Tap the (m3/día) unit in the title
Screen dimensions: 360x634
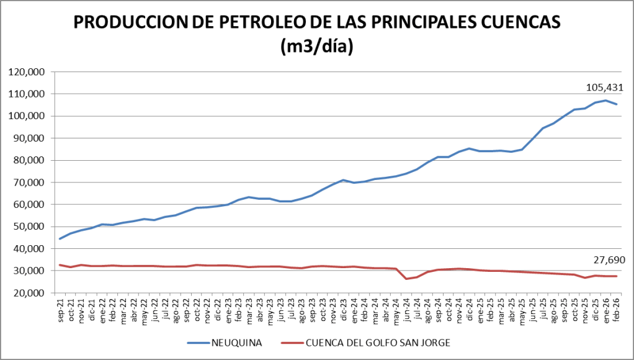(x=317, y=46)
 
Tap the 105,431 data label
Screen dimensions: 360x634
(x=604, y=88)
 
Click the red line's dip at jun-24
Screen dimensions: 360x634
(x=406, y=279)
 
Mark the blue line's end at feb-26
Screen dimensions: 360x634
(x=616, y=104)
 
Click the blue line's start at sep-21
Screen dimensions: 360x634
(x=60, y=239)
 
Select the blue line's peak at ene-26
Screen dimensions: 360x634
(x=605, y=101)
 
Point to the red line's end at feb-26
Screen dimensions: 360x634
(x=616, y=276)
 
